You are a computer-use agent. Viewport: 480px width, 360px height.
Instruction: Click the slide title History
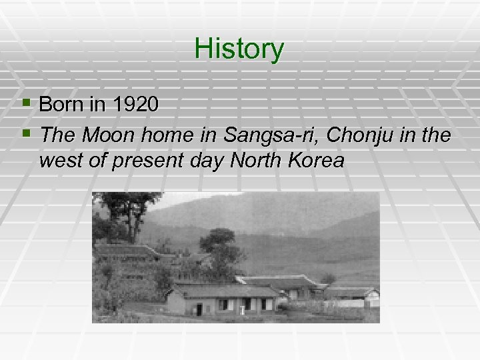click(x=239, y=49)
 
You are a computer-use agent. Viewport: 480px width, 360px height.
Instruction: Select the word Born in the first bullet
click(x=59, y=105)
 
